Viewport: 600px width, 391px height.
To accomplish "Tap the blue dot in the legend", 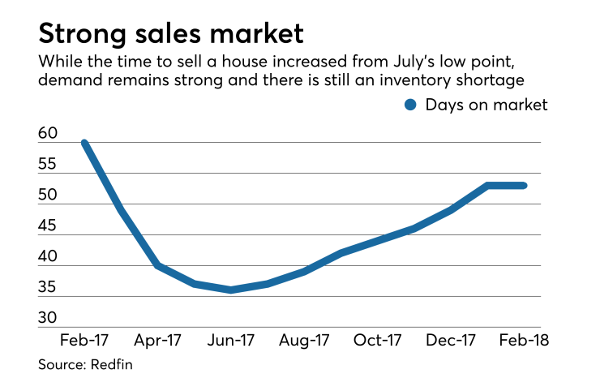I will click(x=411, y=104).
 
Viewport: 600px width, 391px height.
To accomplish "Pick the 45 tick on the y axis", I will click(x=48, y=226).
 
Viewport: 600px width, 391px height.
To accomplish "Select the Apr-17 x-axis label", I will click(x=158, y=340).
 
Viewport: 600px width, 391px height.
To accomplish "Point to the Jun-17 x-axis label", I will click(x=232, y=340).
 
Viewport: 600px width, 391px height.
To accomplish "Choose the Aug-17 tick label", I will click(x=305, y=340).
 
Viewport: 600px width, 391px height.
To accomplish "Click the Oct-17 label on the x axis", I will click(x=378, y=340).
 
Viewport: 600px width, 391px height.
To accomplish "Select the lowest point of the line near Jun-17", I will click(x=232, y=290).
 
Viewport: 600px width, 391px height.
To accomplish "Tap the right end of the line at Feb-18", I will click(x=525, y=185).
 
